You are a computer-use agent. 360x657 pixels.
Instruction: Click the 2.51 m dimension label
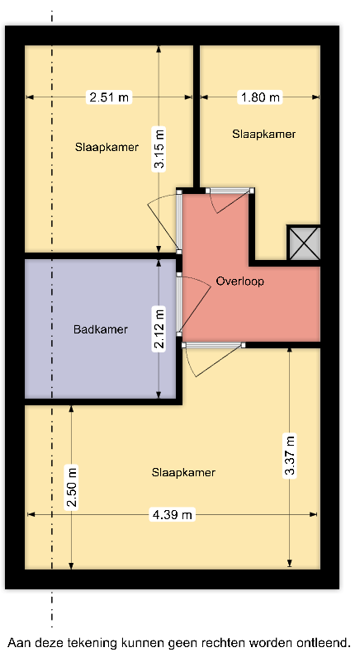click(x=109, y=97)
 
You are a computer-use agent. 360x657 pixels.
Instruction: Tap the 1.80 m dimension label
click(x=260, y=97)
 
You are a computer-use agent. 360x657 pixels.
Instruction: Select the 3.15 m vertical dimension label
click(x=159, y=148)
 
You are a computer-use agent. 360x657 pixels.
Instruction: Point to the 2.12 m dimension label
click(x=159, y=328)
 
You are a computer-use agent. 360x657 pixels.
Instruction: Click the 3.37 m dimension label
click(x=290, y=456)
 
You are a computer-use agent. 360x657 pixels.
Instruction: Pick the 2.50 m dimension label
click(x=72, y=487)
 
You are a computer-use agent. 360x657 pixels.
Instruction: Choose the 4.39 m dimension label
click(x=173, y=514)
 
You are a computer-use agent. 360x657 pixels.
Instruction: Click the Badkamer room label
click(x=101, y=329)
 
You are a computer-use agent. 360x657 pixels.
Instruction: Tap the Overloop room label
click(x=240, y=281)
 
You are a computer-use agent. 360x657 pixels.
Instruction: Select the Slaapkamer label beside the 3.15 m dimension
click(x=107, y=148)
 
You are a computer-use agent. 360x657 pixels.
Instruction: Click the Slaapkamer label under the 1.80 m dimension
click(x=264, y=134)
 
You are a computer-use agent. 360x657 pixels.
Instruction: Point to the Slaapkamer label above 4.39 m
click(x=183, y=473)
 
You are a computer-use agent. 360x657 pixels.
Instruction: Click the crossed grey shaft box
click(x=304, y=243)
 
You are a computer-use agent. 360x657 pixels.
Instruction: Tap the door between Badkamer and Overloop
click(x=193, y=304)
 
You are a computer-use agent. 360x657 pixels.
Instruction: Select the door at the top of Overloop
click(x=230, y=200)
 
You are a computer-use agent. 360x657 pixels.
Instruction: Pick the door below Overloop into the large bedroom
click(x=214, y=359)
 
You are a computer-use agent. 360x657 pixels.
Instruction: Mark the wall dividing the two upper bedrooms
click(x=197, y=116)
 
